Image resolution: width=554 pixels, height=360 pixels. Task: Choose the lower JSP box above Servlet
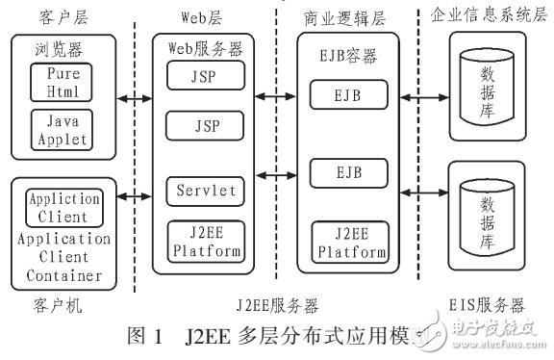[x=202, y=125]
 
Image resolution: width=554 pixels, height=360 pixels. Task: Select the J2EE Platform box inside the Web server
[x=202, y=241]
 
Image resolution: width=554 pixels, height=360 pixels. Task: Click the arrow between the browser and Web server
[x=134, y=97]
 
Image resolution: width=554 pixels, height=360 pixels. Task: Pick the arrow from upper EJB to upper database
[x=419, y=96]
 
